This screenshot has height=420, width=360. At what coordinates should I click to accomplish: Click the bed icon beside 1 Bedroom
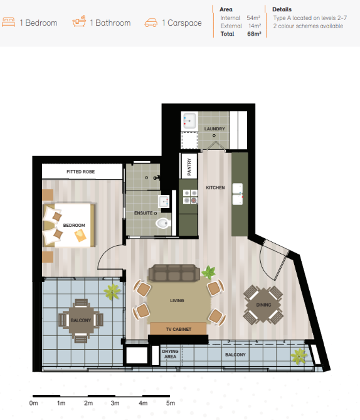click(9, 22)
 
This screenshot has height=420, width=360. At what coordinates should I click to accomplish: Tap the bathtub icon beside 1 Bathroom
click(80, 21)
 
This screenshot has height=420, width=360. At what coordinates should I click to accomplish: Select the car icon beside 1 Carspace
click(151, 23)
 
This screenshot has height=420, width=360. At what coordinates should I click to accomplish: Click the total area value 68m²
click(254, 34)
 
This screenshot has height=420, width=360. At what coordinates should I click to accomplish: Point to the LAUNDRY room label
click(214, 129)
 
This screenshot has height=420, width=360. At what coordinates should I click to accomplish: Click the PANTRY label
click(189, 167)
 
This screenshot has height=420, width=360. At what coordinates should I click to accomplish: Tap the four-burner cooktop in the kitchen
click(190, 197)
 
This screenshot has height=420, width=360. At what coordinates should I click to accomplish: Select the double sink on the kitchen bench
click(238, 194)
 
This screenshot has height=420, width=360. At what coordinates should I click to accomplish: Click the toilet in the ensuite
click(163, 223)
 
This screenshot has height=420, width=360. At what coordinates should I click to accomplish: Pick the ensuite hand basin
click(164, 201)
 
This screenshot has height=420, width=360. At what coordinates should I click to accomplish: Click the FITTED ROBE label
click(81, 172)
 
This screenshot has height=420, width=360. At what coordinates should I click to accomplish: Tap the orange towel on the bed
click(80, 236)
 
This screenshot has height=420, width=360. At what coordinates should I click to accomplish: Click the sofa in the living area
click(174, 273)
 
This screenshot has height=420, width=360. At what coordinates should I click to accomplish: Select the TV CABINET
click(178, 328)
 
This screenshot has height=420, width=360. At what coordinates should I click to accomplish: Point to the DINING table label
click(263, 305)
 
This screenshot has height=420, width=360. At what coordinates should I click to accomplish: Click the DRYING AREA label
click(170, 354)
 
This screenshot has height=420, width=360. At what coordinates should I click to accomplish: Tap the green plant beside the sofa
click(209, 273)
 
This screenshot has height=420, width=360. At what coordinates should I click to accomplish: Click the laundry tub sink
click(189, 122)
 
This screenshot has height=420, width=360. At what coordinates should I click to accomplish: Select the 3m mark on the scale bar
click(115, 403)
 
